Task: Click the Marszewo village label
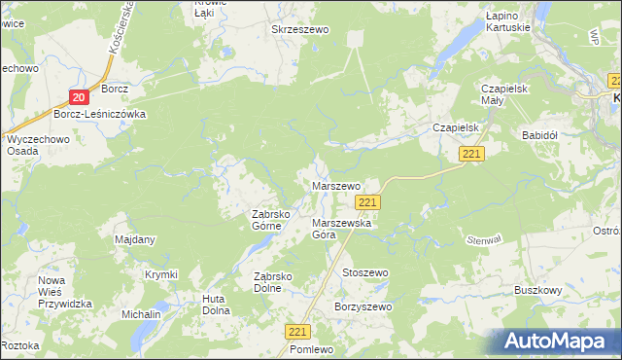[335, 185]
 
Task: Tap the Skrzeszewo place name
[300, 30]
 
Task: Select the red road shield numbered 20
[80, 95]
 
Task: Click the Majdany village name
[135, 239]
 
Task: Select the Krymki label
[161, 275]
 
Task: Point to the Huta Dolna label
[216, 305]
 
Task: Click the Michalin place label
[141, 315]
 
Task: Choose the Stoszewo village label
[364, 273]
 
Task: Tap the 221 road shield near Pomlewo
[298, 332]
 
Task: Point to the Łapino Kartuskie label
[507, 21]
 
